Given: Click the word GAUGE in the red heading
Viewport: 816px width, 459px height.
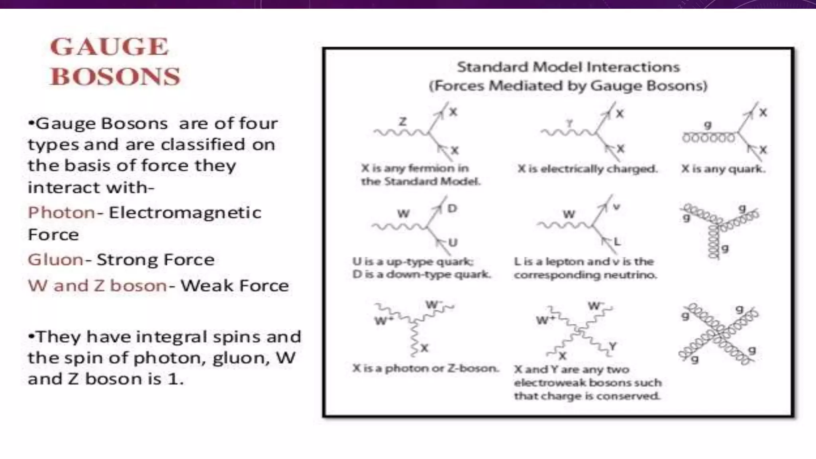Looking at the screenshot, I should click(x=110, y=47).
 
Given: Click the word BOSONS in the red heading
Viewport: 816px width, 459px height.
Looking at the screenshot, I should click(x=116, y=76).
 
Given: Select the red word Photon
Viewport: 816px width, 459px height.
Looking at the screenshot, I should click(x=61, y=213).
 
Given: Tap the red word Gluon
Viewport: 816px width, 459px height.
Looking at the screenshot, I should click(x=55, y=260).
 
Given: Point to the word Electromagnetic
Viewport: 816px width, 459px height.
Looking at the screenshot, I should click(x=185, y=213).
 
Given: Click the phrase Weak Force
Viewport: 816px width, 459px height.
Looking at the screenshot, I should click(x=235, y=286).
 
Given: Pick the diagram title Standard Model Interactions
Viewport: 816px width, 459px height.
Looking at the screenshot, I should click(x=568, y=67).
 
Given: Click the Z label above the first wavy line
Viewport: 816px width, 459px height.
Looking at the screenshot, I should click(x=403, y=121).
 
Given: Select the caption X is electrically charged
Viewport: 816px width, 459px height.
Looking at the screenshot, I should click(x=587, y=169).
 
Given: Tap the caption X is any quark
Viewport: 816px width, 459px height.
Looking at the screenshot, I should click(x=723, y=169).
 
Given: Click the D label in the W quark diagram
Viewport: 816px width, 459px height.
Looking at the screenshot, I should click(x=452, y=208).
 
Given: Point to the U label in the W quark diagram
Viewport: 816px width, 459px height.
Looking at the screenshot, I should click(x=453, y=242).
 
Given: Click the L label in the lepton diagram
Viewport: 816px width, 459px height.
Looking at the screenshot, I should click(x=617, y=241).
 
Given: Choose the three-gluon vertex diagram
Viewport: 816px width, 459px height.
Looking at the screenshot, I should click(x=718, y=229).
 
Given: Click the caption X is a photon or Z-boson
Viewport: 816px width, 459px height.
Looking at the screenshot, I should click(x=426, y=368).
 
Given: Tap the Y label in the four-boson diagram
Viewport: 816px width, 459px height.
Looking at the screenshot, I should click(x=612, y=346).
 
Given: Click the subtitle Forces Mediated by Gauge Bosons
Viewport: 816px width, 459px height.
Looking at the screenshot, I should click(x=568, y=86).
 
